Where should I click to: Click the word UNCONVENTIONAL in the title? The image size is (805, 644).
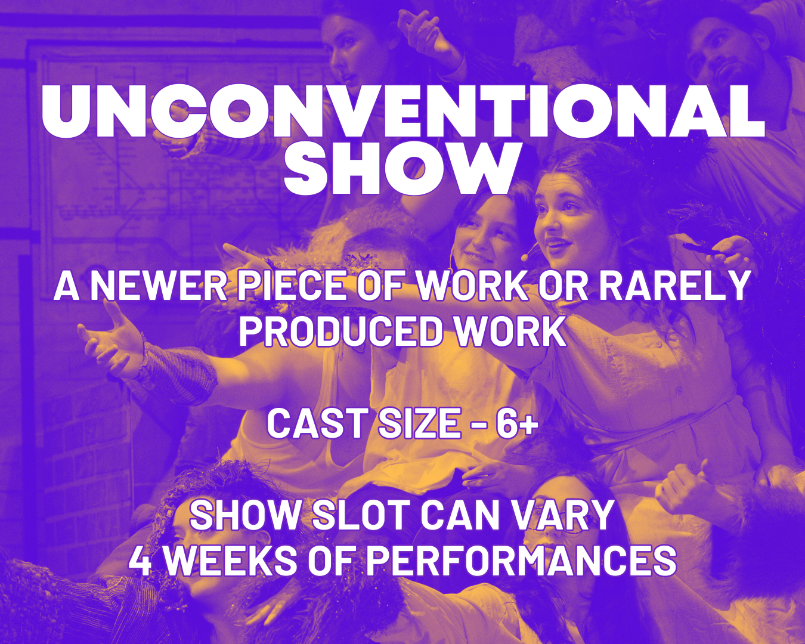pyautogui.click(x=403, y=112)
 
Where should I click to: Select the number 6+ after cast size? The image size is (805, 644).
pyautogui.click(x=516, y=424)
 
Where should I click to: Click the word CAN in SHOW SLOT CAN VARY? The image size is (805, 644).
pyautogui.click(x=461, y=516)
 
